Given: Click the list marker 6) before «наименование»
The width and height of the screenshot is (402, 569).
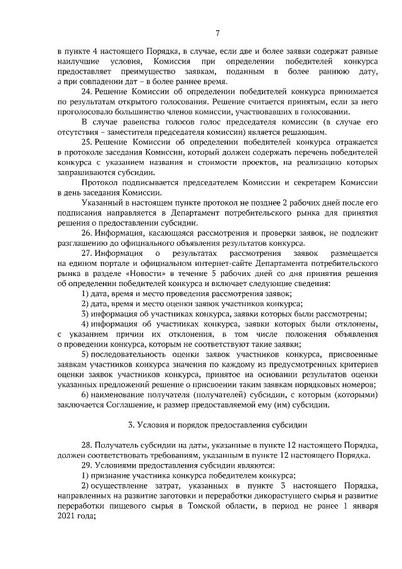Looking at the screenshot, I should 85,394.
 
